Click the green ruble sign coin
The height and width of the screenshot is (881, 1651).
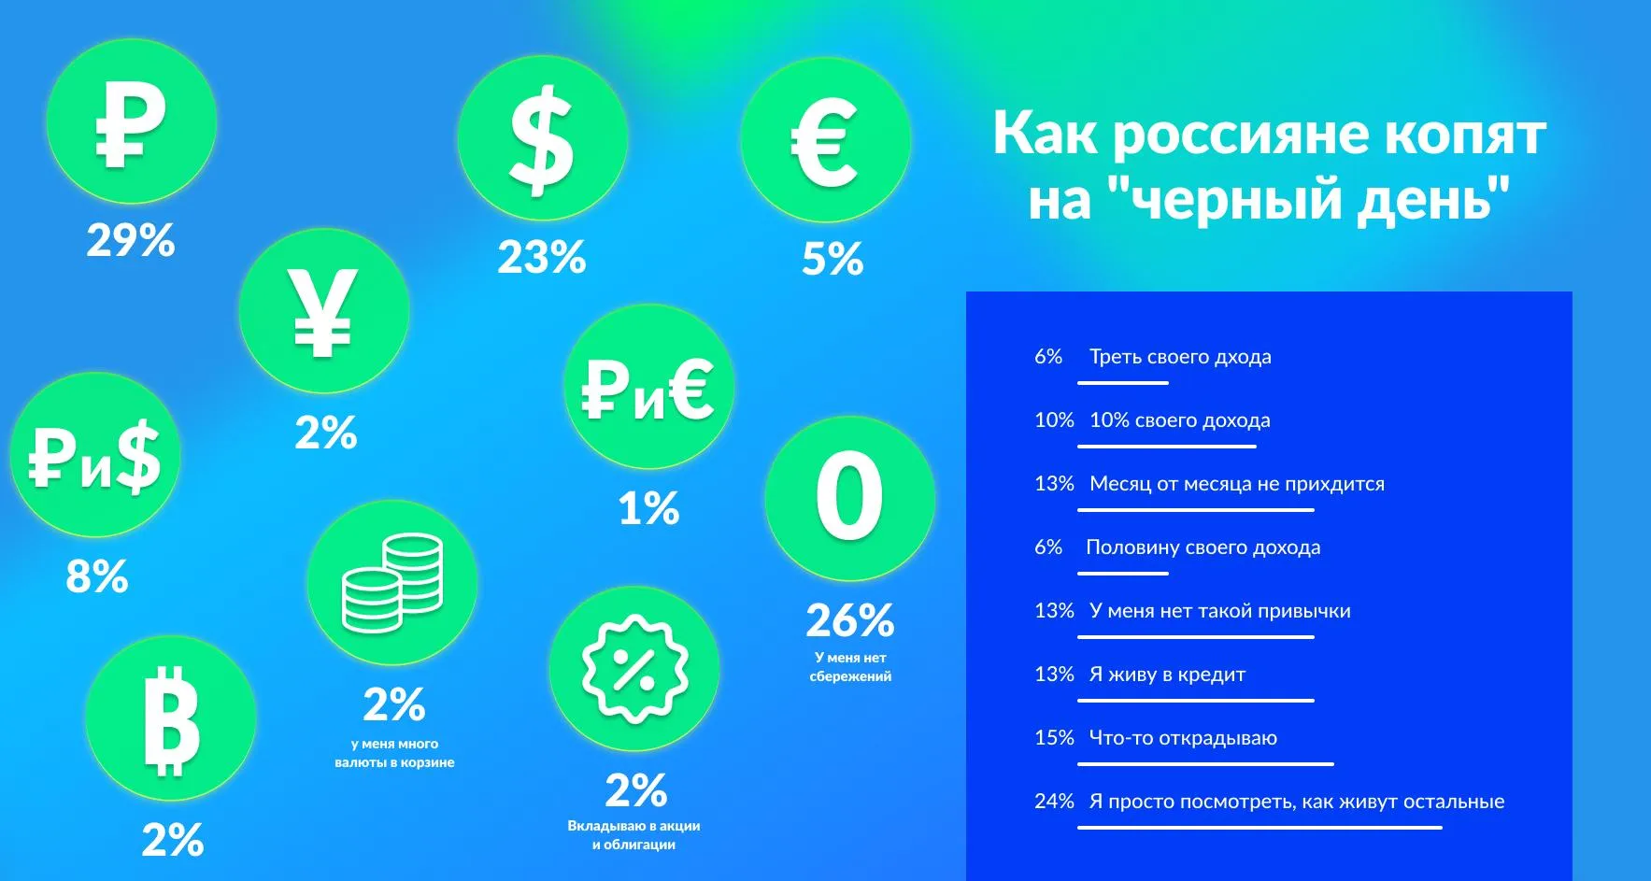[132, 121]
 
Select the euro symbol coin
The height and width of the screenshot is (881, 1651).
[825, 140]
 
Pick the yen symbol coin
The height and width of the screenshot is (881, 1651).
[323, 311]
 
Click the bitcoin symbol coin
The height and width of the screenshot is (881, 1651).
[171, 719]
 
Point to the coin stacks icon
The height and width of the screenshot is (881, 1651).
[392, 584]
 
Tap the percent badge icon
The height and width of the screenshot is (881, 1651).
[634, 669]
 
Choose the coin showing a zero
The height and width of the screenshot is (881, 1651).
[849, 498]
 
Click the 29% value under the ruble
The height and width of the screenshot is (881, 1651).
[131, 240]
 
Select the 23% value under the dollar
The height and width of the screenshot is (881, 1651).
[542, 257]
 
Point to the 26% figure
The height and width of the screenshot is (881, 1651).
[850, 619]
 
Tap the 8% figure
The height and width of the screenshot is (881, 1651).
[97, 576]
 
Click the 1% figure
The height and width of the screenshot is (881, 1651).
[648, 509]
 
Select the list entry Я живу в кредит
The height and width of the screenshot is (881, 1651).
[1167, 674]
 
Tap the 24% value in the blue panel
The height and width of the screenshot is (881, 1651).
[1054, 801]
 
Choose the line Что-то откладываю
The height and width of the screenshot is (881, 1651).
[1183, 737]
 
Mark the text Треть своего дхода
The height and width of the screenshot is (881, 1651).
[1180, 357]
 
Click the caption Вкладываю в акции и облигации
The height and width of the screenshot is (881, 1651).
[633, 835]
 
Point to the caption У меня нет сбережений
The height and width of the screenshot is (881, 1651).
[850, 666]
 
